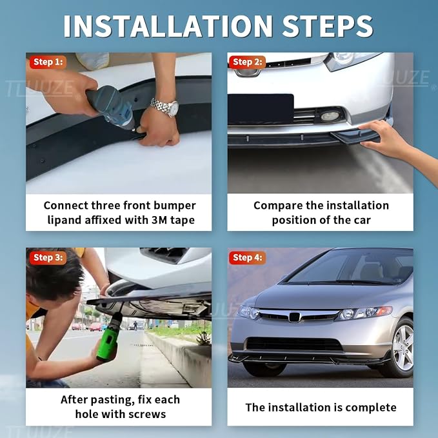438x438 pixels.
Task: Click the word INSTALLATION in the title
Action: click(x=168, y=26)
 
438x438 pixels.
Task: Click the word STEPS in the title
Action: click(x=328, y=26)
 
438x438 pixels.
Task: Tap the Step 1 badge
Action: click(x=48, y=62)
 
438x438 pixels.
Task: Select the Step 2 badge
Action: click(x=247, y=62)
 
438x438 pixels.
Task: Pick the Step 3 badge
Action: click(x=48, y=257)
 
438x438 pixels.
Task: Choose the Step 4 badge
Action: click(x=247, y=257)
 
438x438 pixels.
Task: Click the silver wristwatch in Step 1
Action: click(x=164, y=106)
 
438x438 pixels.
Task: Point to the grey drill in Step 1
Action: click(x=112, y=107)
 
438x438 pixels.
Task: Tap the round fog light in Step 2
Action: click(x=330, y=116)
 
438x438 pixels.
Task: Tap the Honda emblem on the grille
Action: click(x=294, y=317)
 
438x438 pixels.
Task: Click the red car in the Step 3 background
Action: click(x=96, y=326)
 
